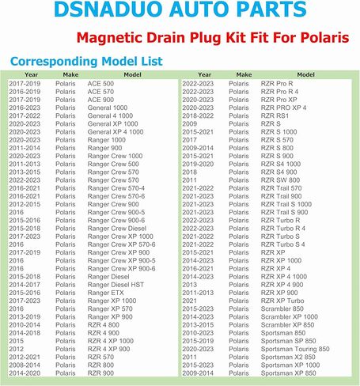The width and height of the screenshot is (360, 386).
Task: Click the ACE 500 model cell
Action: point(100,83)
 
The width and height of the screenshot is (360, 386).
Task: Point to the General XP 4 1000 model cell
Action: point(116,132)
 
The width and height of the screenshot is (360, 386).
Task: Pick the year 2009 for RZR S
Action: point(190,123)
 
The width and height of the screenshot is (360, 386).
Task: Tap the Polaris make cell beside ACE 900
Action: point(66,99)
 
